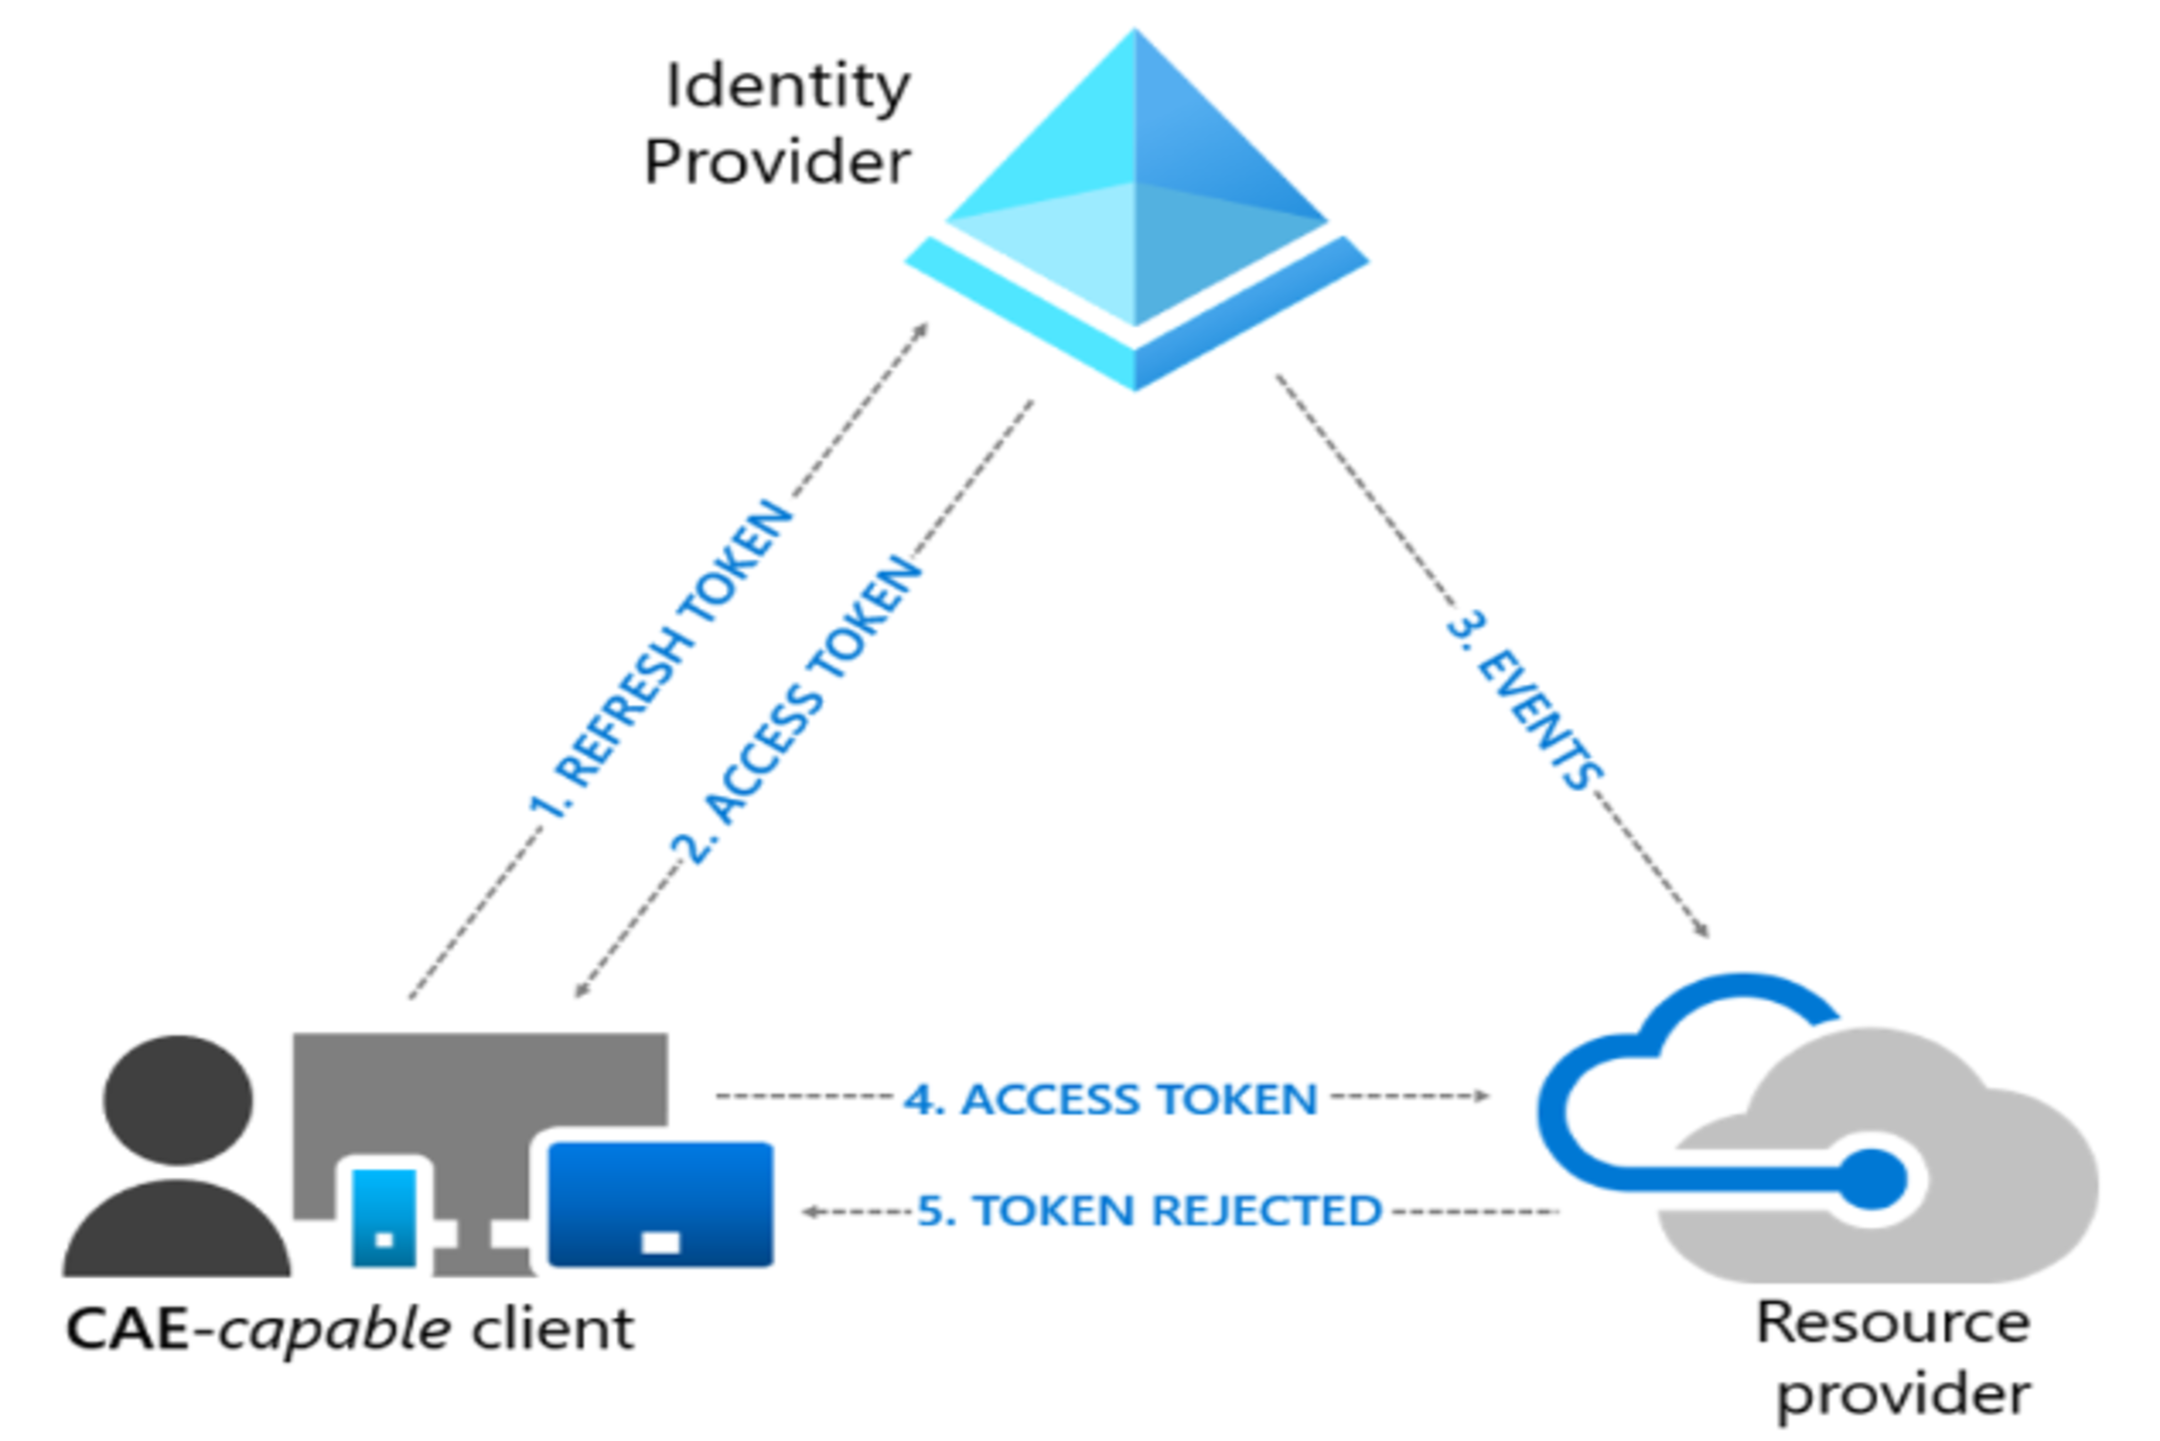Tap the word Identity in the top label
click(788, 87)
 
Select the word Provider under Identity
click(777, 163)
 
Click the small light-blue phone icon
click(384, 1218)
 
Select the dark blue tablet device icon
click(660, 1204)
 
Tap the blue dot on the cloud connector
click(1872, 1179)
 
